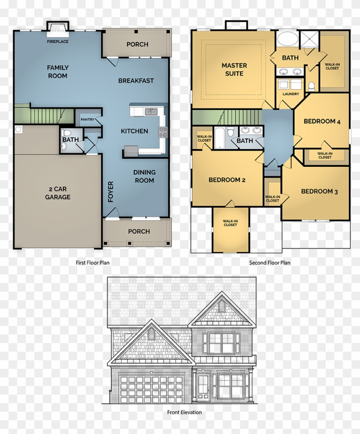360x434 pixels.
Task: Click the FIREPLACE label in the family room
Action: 58,42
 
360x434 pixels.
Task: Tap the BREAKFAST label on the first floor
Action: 136,81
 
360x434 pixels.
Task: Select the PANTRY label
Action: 87,120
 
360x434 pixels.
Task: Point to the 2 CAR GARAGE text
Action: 57,193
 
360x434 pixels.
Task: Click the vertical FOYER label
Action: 111,191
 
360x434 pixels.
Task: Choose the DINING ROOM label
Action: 144,176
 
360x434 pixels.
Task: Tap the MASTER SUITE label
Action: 234,69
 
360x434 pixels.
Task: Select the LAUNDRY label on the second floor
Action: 291,94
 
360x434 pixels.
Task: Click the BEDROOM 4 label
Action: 322,121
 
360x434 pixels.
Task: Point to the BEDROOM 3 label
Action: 319,191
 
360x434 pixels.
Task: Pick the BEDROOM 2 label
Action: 227,180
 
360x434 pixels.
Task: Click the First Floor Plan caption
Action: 92,262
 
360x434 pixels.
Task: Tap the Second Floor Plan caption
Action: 270,262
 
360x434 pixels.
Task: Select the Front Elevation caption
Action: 184,412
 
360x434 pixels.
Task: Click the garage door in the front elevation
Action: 151,389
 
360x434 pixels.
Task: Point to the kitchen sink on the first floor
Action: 150,112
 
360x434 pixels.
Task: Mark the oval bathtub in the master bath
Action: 288,39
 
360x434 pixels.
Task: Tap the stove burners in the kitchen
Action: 163,132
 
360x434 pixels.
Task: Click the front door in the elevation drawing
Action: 203,387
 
